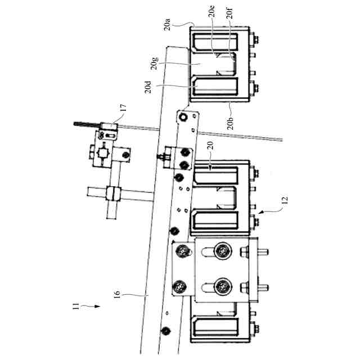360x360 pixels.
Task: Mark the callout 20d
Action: click(x=148, y=88)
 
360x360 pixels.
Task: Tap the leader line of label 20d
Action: click(x=174, y=87)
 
